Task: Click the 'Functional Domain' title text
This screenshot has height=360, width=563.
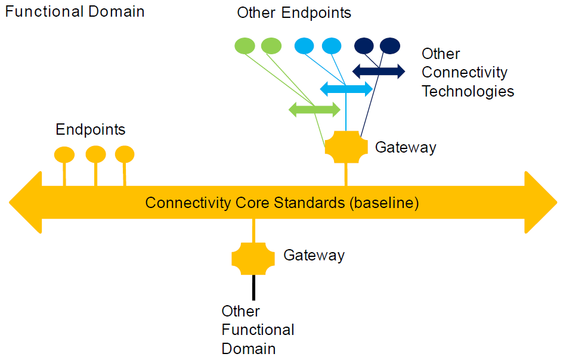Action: (x=75, y=11)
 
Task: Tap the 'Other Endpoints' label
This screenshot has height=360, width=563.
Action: (x=294, y=13)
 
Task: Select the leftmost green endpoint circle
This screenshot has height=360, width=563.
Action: (x=245, y=46)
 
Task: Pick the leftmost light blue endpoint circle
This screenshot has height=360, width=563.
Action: (x=304, y=46)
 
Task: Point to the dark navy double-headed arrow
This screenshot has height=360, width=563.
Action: (x=379, y=72)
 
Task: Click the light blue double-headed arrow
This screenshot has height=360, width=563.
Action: (x=347, y=89)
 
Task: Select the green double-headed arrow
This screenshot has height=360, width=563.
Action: (x=314, y=109)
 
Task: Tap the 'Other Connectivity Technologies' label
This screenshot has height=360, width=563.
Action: (x=468, y=73)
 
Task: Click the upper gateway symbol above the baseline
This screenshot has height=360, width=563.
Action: (x=347, y=147)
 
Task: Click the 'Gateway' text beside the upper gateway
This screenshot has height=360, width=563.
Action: (x=406, y=147)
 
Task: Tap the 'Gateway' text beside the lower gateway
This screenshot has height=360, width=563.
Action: (x=314, y=256)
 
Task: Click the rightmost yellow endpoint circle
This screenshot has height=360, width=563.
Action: (x=125, y=154)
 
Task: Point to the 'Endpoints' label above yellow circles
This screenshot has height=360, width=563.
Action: (x=91, y=129)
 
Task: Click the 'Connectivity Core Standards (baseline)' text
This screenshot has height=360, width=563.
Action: (x=282, y=203)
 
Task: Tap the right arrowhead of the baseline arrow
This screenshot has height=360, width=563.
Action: (x=540, y=203)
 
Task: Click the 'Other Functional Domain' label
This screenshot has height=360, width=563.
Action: (x=258, y=330)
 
